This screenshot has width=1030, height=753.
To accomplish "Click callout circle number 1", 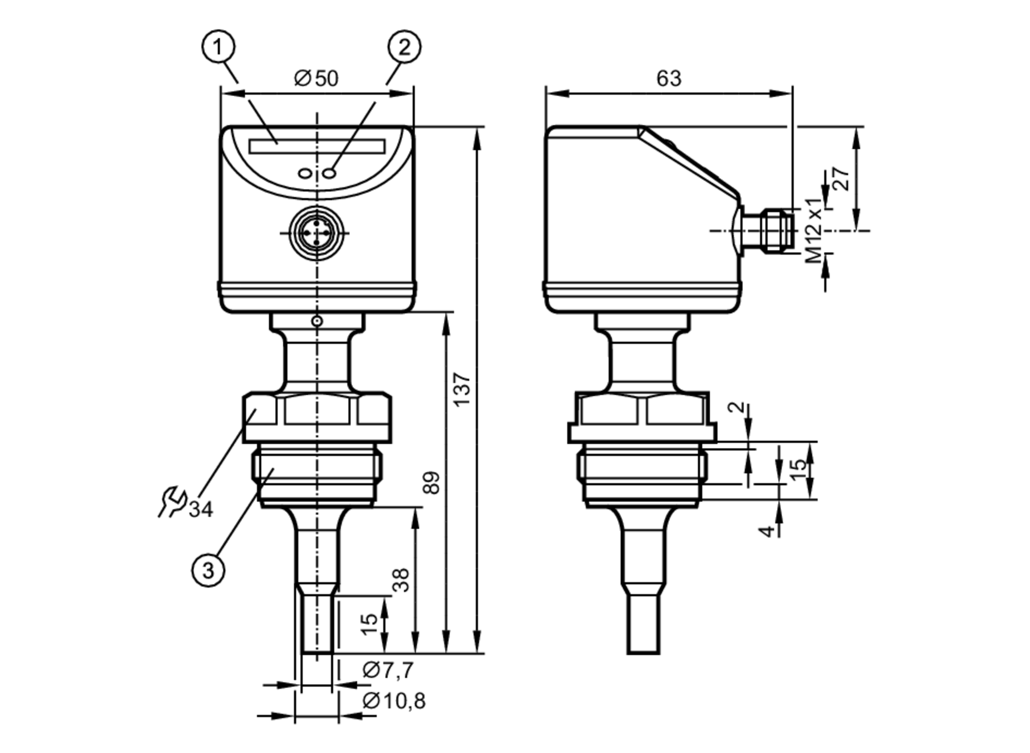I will pos(218,47).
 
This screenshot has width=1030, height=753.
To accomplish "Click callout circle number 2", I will pos(404,47).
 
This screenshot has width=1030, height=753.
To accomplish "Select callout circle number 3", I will pos(208,570).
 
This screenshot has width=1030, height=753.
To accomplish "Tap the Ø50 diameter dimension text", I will pos(316,79).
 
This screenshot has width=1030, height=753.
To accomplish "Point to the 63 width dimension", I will pos(668,78).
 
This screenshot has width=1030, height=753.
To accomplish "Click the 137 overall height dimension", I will pos(462,389).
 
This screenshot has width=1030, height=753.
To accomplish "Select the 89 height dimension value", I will pos(432,482).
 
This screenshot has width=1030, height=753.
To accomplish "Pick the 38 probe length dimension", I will pos(401,580).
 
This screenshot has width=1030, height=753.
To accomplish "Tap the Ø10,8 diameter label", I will pos(394,701).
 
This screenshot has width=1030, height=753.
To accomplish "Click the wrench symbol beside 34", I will pos(172,501).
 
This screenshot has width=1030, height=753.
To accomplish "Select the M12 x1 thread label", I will pos(814,230).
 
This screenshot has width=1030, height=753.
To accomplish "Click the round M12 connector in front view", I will pos(316,233).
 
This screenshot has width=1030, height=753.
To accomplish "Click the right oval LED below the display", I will pos(330,173).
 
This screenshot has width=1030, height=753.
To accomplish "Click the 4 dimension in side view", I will pos(767,530).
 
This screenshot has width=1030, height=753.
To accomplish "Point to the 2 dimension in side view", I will pos(739,407).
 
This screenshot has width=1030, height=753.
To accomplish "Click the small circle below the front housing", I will pos(317,321).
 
